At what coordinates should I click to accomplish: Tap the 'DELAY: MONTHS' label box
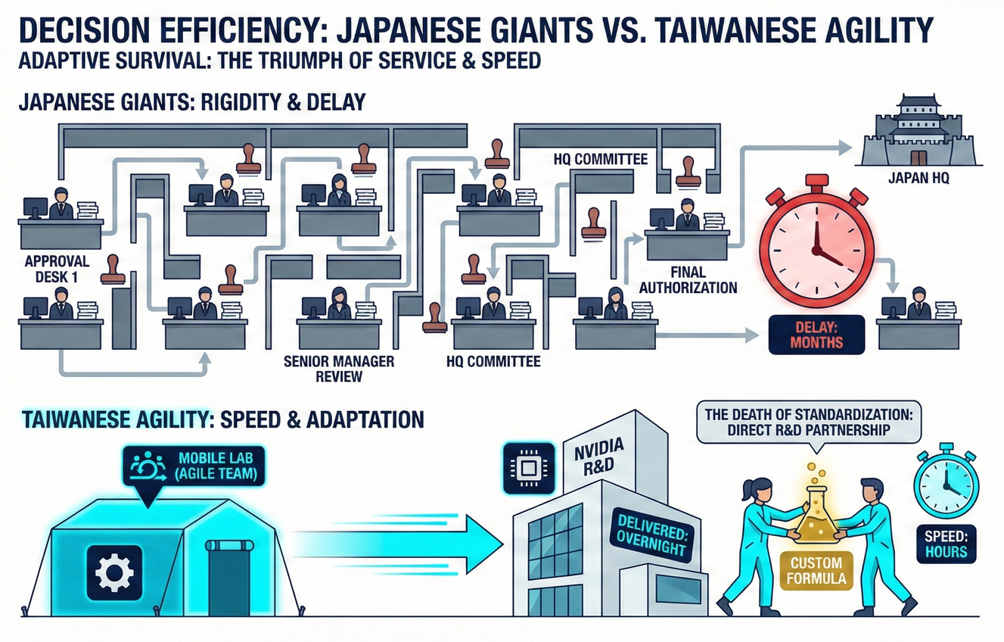(x=806, y=334)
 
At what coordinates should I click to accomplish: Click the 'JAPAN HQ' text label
(x=918, y=181)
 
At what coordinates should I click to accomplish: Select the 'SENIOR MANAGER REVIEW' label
(x=338, y=369)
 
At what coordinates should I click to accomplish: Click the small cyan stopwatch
(x=946, y=486)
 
